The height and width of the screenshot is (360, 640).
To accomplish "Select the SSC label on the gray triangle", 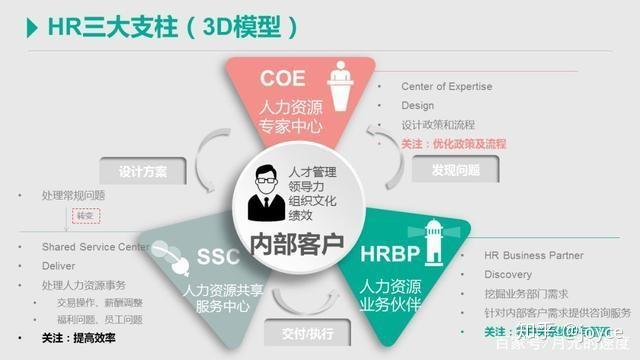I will tap(218, 258).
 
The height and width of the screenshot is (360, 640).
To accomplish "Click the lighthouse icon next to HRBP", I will tap(434, 240).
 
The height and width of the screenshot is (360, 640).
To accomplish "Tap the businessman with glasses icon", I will tap(261, 190).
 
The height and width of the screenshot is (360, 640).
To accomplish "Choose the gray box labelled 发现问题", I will tap(456, 170).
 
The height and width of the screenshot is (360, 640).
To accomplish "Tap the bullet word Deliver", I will tap(59, 266).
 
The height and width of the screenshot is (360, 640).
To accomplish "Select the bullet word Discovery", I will tap(508, 275).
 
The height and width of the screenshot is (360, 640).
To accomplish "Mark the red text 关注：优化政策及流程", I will tap(456, 144).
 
